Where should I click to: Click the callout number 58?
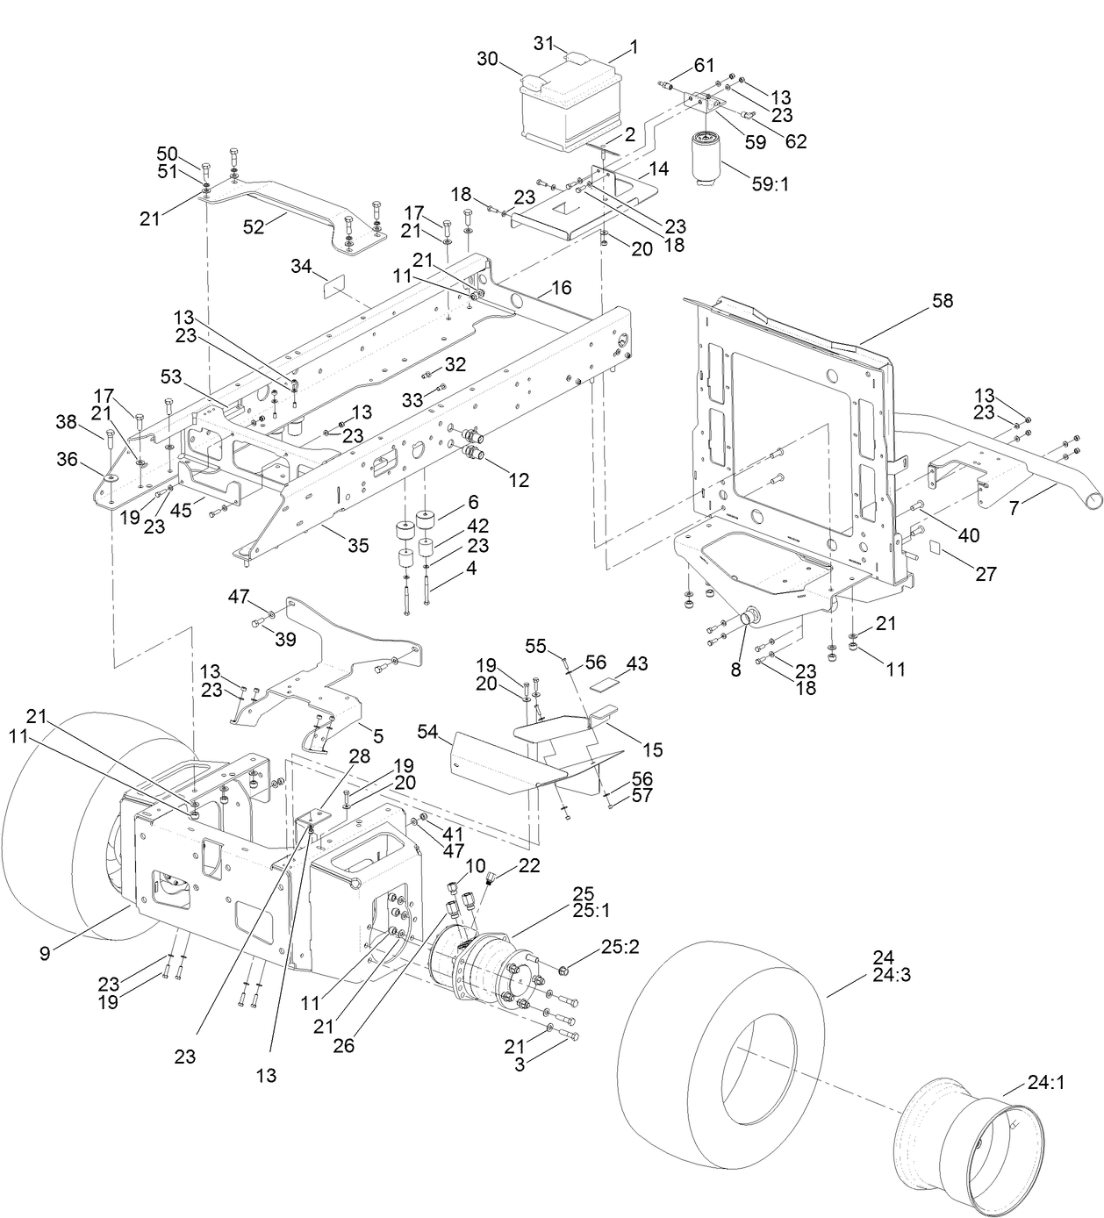pos(942,301)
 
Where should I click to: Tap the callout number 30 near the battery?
pos(487,59)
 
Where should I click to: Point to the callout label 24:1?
pos(1045,1083)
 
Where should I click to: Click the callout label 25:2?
pos(619,947)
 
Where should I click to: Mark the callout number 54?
pos(427,731)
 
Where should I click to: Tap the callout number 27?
pos(986,573)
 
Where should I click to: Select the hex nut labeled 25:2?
pos(563,970)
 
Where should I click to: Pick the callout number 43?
pos(637,664)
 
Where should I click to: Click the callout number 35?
pos(357,545)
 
